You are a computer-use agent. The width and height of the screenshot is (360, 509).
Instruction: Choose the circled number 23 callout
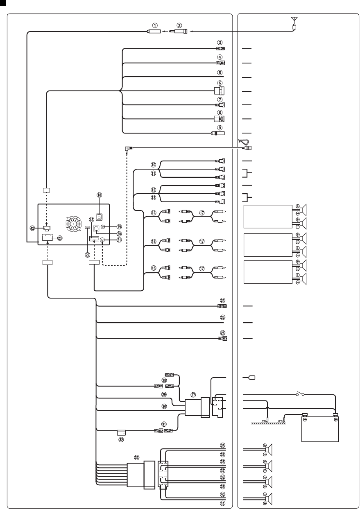click(60, 237)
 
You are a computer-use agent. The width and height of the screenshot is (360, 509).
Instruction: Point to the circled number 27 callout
click(193, 395)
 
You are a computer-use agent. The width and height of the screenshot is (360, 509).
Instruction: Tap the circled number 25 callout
click(222, 317)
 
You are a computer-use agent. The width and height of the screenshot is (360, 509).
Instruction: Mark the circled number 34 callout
click(222, 445)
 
